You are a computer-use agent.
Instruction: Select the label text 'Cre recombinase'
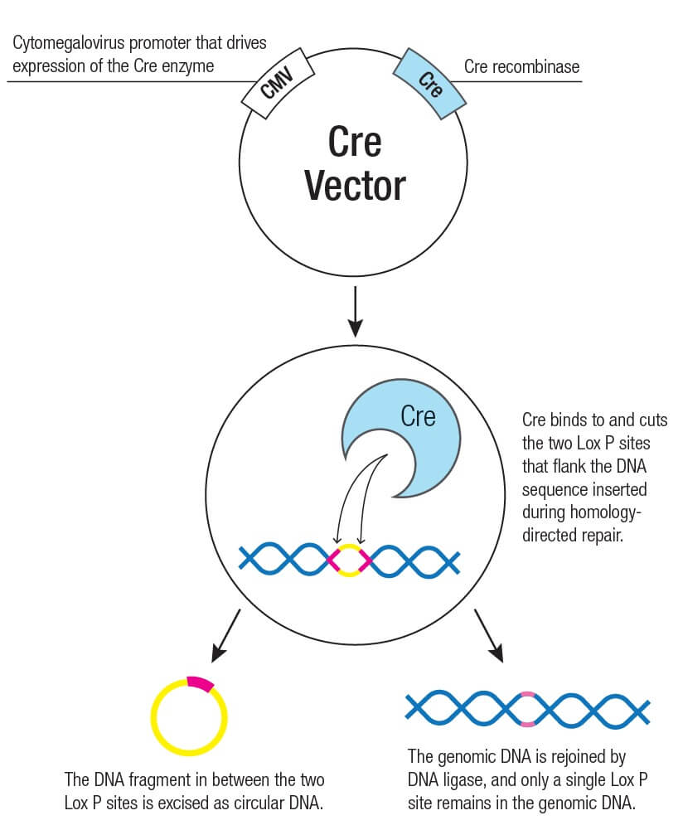click(x=521, y=67)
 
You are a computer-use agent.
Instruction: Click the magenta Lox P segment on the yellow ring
click(x=200, y=682)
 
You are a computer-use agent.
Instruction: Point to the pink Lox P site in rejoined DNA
click(x=527, y=709)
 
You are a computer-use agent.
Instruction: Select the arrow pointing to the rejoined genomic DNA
click(x=488, y=636)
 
